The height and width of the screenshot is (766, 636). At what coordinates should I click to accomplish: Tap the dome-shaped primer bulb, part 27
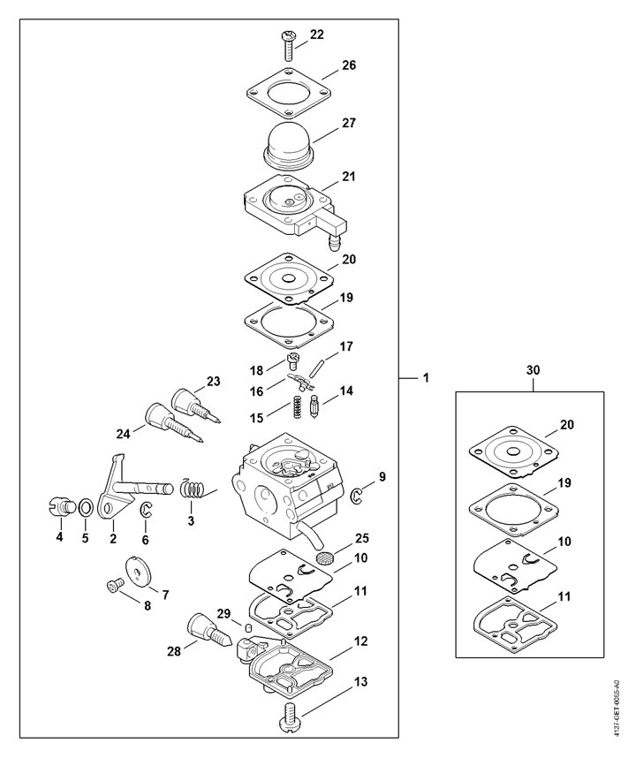[x=289, y=142]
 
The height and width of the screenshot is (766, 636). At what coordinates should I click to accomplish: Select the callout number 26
[x=349, y=65]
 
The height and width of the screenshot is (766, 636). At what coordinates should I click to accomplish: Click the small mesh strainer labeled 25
[x=323, y=557]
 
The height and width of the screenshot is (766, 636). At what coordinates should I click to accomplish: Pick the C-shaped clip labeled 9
[x=357, y=496]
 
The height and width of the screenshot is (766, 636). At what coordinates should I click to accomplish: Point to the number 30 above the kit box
[x=534, y=370]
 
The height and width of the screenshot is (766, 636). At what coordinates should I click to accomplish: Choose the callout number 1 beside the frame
[x=426, y=377]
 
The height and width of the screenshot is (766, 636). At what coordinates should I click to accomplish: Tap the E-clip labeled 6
[x=146, y=510]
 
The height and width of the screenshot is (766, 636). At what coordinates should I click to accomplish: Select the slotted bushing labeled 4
[x=62, y=505]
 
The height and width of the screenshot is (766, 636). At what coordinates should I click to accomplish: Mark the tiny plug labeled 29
[x=247, y=626]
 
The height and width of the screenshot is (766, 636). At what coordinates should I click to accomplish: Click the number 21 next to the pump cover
[x=349, y=177]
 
